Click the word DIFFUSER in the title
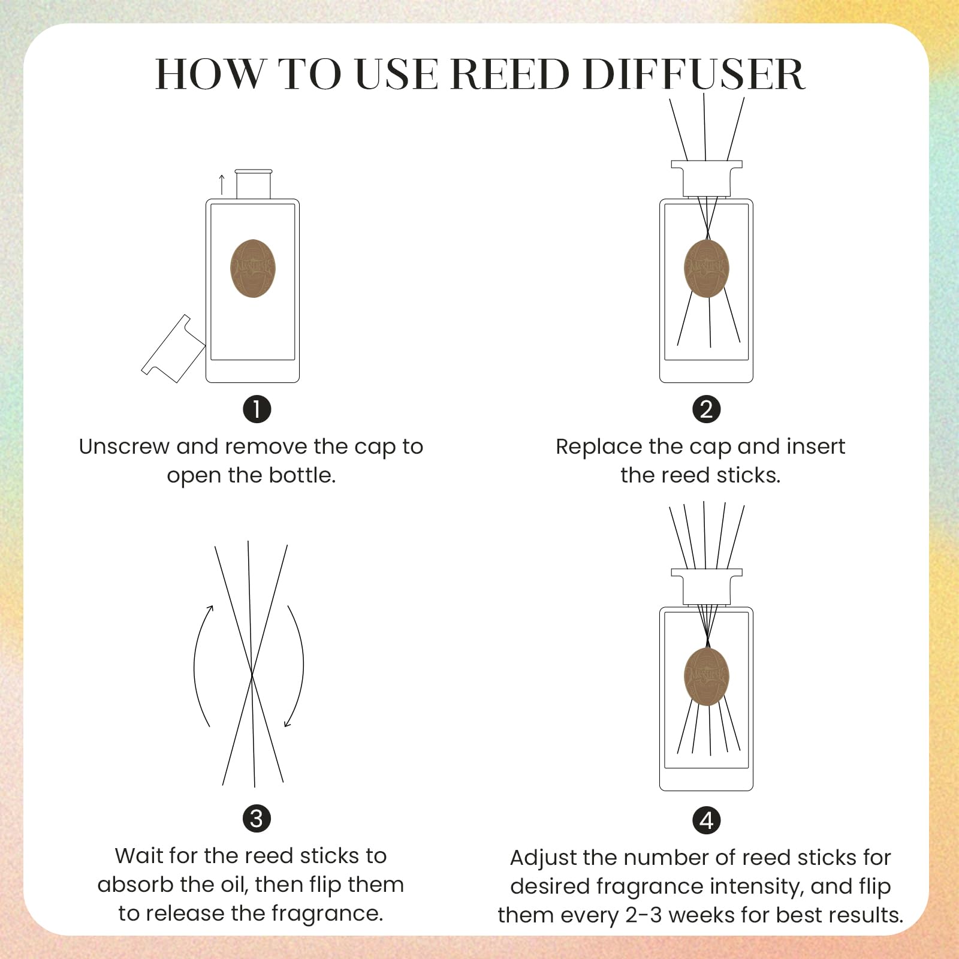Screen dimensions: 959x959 [x=693, y=74]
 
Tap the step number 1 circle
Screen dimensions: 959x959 [x=257, y=409]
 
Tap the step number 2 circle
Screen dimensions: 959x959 [x=707, y=409]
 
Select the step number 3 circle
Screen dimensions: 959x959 [x=257, y=819]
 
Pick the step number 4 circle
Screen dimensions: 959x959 [x=707, y=821]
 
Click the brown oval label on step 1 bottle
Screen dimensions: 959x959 [x=253, y=269]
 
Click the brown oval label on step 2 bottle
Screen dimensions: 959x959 [x=707, y=269]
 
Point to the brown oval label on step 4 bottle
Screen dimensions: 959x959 [x=707, y=676]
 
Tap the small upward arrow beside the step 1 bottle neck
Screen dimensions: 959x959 [x=222, y=185]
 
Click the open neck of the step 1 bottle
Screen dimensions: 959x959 [x=254, y=184]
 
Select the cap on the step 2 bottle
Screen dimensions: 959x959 [x=707, y=178]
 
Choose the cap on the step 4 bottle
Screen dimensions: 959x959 [x=707, y=586]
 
